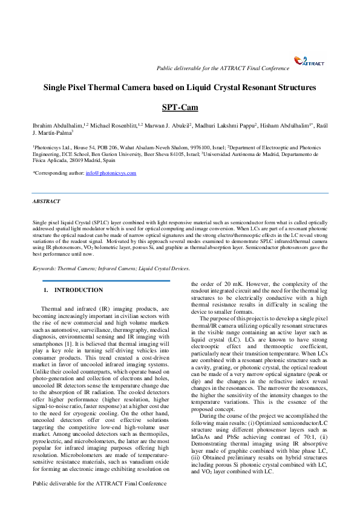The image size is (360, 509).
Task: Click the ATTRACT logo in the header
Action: pyautogui.click(x=309, y=61)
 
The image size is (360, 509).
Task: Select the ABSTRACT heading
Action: pyautogui.click(x=46, y=201)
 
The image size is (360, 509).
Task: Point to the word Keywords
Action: pyautogui.click(x=44, y=268)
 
